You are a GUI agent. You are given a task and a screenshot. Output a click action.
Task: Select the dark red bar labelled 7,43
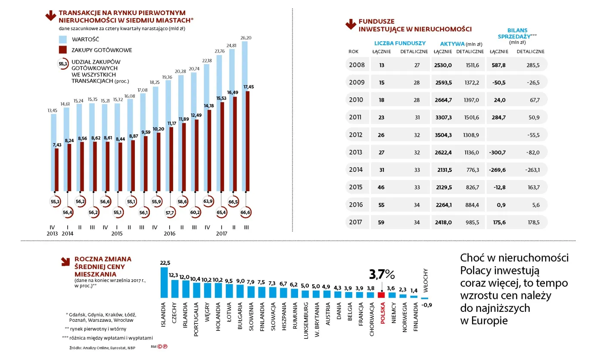point(56,170)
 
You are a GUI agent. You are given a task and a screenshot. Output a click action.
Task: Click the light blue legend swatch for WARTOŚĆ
point(63,39)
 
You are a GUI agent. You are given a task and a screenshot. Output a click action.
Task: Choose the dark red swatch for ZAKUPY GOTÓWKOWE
point(63,50)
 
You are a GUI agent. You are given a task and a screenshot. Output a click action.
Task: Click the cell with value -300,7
point(497,152)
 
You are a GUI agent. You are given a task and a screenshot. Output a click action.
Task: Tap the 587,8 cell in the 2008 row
point(498,65)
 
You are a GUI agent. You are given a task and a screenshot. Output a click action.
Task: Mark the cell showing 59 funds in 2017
point(382,222)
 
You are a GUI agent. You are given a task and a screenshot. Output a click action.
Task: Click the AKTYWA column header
point(452,43)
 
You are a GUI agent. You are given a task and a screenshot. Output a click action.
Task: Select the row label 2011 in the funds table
point(356,117)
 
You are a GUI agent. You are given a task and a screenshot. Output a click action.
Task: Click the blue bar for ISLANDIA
point(164,282)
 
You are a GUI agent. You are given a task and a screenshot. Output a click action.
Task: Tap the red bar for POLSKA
point(381,295)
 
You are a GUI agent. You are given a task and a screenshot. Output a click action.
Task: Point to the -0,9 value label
point(427,305)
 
